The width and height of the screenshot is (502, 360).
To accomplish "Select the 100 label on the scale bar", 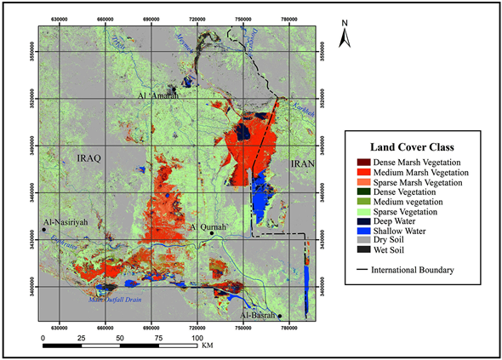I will click(198, 338).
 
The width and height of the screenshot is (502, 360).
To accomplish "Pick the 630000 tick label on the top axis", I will click(60, 17).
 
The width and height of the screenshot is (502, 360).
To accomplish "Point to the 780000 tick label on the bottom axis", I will click(288, 325).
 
